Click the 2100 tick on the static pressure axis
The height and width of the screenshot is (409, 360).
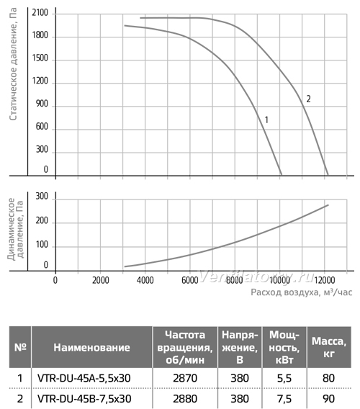40,12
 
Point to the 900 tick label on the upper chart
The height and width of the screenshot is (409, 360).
42,104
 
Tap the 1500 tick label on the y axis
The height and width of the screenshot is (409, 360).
40,58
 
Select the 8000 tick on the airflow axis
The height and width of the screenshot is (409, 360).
234,280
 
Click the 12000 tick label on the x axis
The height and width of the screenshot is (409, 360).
324,280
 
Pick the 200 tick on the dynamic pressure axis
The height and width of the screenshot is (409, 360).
42,220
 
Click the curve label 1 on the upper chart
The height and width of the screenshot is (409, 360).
266,120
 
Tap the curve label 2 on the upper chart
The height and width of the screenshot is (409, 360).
308,99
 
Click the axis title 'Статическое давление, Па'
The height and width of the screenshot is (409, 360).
13,64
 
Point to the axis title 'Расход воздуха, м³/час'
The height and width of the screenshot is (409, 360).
301,292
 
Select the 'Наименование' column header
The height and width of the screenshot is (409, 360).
92,348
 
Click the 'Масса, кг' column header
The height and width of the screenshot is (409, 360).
329,348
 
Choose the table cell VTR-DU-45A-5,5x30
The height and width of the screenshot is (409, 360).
84,378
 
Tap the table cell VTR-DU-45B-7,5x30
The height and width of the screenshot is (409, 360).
84,399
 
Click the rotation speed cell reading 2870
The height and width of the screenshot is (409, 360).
185,378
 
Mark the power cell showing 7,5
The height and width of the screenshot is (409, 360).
284,399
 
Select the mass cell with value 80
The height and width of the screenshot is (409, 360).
328,378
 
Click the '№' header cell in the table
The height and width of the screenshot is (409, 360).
20,348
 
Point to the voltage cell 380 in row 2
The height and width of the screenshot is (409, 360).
240,399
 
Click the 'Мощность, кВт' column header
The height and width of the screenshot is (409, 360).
284,348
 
